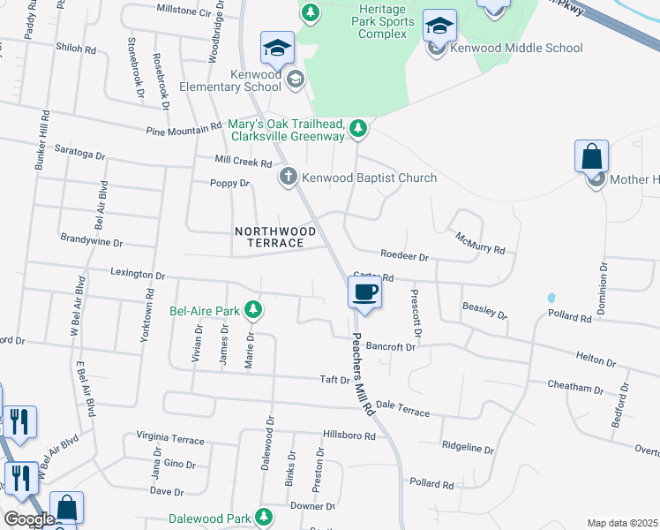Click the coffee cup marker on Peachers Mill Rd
[x=364, y=291]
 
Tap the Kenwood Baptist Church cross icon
[x=288, y=178]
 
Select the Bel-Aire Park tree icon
[x=253, y=310]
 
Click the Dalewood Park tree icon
[x=263, y=517]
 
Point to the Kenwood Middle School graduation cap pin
[x=439, y=26]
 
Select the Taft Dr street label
[x=335, y=380]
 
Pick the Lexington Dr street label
[x=138, y=276]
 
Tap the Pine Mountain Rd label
[x=184, y=130]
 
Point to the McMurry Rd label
[x=480, y=242]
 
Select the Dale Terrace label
[x=402, y=408]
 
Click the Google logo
[x=29, y=519]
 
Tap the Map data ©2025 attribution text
[x=622, y=523]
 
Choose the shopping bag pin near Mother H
[x=591, y=158]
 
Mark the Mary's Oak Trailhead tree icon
[x=357, y=129]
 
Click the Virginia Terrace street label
[x=169, y=439]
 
